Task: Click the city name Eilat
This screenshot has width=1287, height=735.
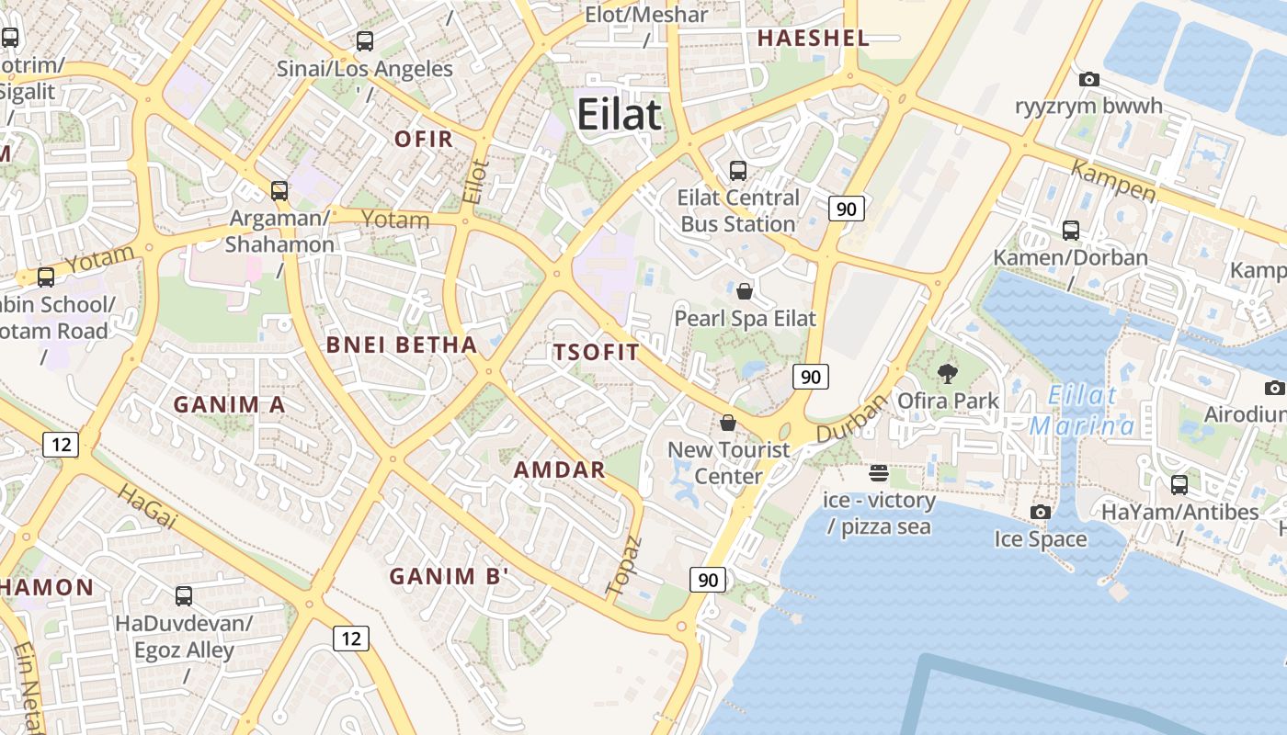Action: click(619, 115)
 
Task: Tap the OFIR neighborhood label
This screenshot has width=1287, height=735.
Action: click(424, 139)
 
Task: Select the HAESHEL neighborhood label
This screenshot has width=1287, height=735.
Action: click(813, 38)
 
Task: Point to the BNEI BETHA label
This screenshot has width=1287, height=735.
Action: click(403, 345)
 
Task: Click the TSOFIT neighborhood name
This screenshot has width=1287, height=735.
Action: click(596, 352)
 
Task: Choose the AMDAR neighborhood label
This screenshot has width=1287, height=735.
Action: click(559, 469)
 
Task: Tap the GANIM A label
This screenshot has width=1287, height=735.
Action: click(229, 404)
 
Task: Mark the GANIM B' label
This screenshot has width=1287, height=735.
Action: click(449, 576)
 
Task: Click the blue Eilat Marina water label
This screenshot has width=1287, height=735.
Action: click(1082, 412)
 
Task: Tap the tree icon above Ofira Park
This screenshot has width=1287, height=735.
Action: click(947, 374)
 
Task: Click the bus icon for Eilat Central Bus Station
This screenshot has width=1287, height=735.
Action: click(737, 170)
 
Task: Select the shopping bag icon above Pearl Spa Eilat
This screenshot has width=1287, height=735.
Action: click(745, 291)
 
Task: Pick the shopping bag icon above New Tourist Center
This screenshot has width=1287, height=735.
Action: click(728, 423)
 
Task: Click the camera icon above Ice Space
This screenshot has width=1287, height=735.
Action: click(1040, 512)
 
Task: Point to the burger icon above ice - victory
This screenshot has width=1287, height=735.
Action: click(879, 473)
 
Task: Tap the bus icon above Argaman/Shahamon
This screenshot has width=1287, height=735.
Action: click(279, 191)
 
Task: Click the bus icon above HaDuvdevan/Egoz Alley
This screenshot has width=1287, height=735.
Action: click(184, 596)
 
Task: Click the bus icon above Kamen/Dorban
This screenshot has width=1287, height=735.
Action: click(1070, 231)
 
